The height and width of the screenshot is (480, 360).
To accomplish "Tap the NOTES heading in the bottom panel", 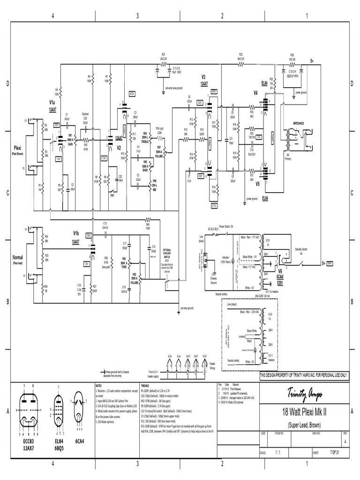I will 99,385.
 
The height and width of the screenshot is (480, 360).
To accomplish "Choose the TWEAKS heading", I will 145,385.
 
